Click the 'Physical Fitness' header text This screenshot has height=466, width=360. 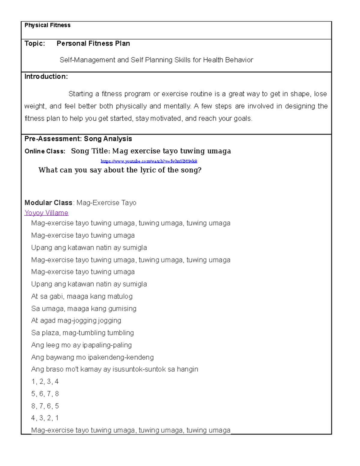47,25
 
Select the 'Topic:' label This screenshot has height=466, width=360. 35,44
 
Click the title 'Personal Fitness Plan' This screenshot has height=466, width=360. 93,44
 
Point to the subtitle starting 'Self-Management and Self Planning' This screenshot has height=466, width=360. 156,60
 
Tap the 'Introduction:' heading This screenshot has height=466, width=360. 46,77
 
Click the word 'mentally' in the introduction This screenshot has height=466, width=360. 177,106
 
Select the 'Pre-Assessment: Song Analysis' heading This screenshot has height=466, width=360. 78,139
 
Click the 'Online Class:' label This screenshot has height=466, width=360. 45,151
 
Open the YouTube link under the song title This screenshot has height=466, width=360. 149,161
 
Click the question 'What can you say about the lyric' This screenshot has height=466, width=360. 120,170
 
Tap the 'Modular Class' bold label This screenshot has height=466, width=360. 48,203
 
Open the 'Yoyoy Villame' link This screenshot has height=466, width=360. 46,213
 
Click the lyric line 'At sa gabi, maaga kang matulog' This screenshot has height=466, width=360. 82,296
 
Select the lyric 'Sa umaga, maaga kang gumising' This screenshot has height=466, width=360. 84,308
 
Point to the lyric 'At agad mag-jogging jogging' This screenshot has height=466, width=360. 76,320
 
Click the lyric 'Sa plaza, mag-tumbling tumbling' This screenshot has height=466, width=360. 82,333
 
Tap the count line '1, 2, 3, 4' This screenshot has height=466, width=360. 45,382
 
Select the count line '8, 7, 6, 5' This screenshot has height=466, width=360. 45,406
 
